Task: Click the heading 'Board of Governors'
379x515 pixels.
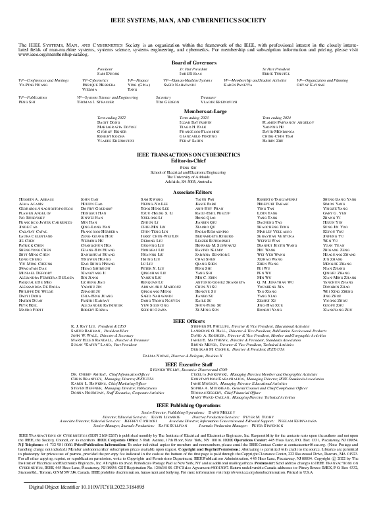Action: (x=189, y=62)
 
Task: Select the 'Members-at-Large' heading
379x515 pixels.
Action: (x=189, y=111)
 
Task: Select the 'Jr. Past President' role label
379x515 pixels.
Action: (x=189, y=68)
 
